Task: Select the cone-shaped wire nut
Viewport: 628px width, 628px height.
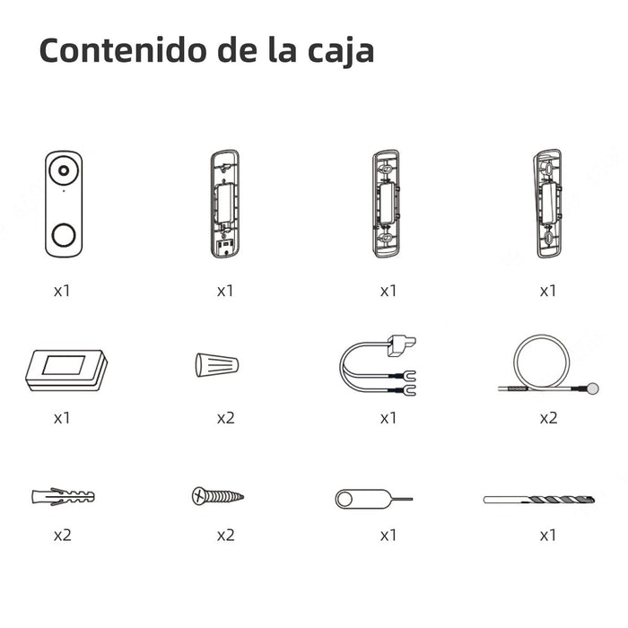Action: pos(216,364)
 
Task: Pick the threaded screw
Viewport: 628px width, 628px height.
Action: pos(217,495)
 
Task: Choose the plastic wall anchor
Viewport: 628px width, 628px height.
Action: pos(62,495)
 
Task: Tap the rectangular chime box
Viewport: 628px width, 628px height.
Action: pos(65,369)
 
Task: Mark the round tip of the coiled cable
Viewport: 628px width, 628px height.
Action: pos(591,388)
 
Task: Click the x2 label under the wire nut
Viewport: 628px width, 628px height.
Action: pos(225,418)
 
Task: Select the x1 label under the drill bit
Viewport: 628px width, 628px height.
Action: pos(548,535)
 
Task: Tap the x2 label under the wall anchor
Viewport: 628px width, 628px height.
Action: pos(62,535)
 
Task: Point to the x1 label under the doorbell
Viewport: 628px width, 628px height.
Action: pos(62,291)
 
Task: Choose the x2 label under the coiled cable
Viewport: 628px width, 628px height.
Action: pos(548,418)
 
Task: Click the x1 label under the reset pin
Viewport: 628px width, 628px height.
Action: pos(388,535)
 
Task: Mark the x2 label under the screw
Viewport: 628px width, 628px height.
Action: pos(225,535)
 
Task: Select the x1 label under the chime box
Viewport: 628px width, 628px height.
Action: pos(62,418)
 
